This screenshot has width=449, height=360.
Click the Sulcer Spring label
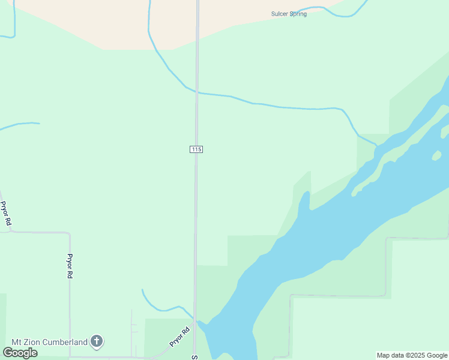289,14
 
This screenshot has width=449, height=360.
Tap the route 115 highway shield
196,149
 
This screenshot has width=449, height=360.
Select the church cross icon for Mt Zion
97,342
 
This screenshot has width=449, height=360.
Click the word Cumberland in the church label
66,342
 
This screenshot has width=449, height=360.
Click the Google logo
20,352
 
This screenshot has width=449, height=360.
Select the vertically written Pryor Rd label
70,265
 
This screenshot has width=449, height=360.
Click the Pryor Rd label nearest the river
179,336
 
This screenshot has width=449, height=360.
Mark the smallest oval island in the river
436,156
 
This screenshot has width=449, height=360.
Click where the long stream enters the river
376,145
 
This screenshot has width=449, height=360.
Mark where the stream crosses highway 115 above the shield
196,92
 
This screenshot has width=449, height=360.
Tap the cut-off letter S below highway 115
194,357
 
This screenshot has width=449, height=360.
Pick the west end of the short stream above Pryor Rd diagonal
142,290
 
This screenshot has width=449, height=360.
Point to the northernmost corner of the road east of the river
387,239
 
